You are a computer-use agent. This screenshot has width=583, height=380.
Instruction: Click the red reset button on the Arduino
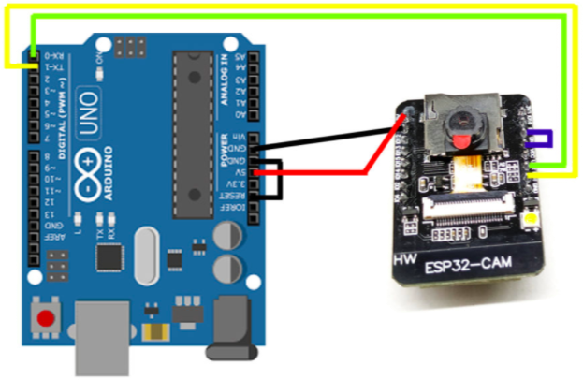click(44, 319)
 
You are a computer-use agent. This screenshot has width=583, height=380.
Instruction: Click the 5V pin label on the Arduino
click(240, 172)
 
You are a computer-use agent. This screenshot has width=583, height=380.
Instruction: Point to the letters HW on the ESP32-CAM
click(405, 258)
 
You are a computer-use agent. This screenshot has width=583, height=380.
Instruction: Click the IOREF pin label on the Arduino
click(240, 208)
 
